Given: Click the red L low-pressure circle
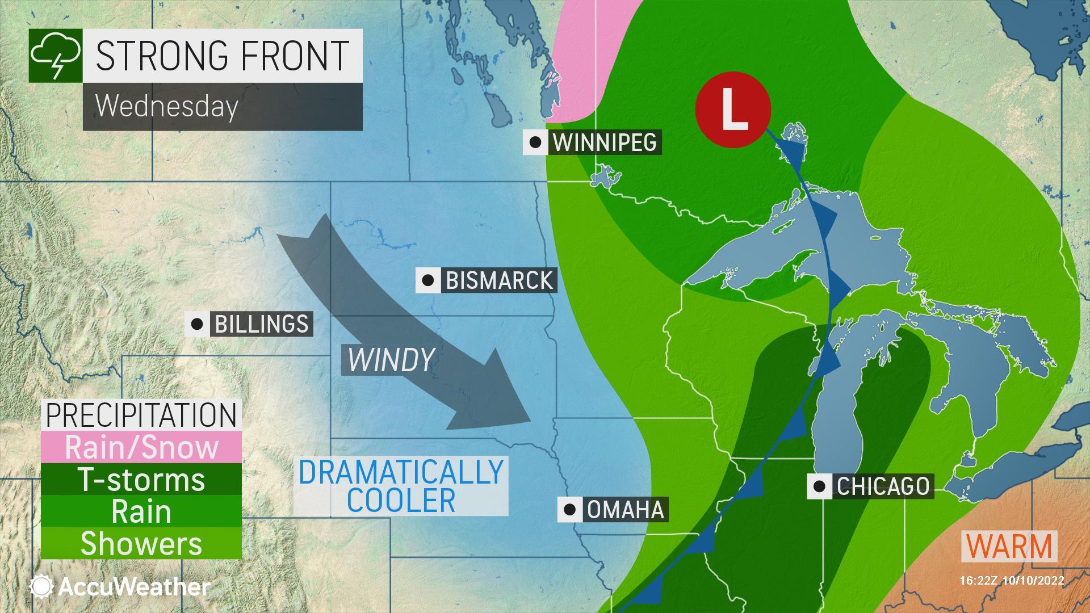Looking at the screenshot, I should pyautogui.click(x=733, y=110).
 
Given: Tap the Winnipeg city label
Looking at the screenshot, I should pyautogui.click(x=604, y=142).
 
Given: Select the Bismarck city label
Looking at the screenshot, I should pyautogui.click(x=498, y=280).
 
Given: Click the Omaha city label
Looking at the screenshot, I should pyautogui.click(x=625, y=510).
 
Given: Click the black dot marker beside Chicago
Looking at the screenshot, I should pyautogui.click(x=819, y=486).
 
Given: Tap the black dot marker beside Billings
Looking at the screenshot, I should pyautogui.click(x=197, y=324).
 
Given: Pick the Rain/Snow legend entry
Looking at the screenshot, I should pyautogui.click(x=141, y=447).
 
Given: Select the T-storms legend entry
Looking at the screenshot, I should pyautogui.click(x=141, y=480).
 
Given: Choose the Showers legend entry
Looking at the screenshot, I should pyautogui.click(x=141, y=543).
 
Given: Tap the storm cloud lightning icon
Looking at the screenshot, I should pyautogui.click(x=56, y=56).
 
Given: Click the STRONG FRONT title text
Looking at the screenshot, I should pyautogui.click(x=221, y=56).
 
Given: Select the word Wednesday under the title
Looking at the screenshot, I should pyautogui.click(x=166, y=106).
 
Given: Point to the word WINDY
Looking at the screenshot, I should pyautogui.click(x=391, y=359).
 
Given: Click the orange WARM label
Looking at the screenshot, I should pyautogui.click(x=1009, y=546).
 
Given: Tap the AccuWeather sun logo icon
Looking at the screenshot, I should pyautogui.click(x=41, y=587).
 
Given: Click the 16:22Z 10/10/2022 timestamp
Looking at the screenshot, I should pyautogui.click(x=1012, y=581).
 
